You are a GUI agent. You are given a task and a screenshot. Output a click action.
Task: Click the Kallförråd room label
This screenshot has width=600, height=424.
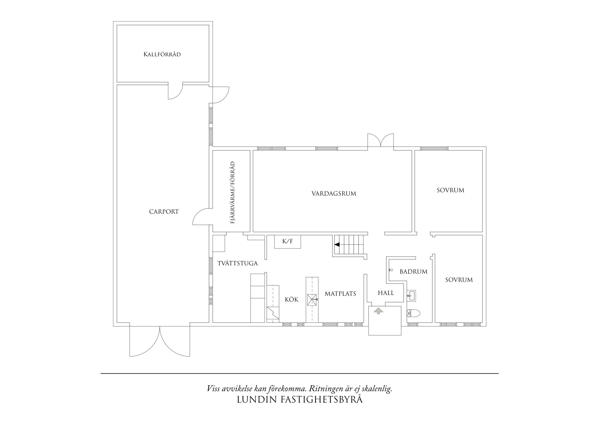[x=162, y=54]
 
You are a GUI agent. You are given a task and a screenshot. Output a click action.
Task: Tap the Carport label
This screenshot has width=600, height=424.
[x=164, y=212]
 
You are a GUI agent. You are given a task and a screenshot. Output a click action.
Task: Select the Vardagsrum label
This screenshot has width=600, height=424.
[x=334, y=194]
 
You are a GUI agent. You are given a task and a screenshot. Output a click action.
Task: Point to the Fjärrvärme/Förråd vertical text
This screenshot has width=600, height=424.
[x=233, y=193]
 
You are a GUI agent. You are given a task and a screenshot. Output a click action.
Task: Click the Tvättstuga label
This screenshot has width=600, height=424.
[x=238, y=264]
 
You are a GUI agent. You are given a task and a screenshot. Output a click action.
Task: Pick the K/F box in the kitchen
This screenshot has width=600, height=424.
[x=288, y=241]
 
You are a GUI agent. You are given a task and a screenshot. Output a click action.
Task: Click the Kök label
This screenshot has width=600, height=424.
[x=292, y=300]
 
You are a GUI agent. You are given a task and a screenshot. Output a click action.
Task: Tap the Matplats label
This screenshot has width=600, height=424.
[x=340, y=294]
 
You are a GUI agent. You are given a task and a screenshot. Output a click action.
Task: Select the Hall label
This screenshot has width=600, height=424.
[x=386, y=293]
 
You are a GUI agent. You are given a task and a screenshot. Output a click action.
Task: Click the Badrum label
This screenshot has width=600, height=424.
[x=414, y=272]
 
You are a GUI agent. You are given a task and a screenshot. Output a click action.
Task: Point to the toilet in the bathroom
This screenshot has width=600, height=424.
[x=413, y=313]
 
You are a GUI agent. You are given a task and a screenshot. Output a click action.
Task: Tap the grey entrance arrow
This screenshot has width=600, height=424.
[x=378, y=311]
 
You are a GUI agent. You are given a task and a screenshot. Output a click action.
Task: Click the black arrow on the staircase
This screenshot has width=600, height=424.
[x=337, y=245]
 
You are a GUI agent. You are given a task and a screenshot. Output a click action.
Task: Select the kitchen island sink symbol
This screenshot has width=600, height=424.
[x=312, y=300]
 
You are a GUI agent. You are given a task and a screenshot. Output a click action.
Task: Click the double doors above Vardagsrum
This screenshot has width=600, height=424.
[x=381, y=141]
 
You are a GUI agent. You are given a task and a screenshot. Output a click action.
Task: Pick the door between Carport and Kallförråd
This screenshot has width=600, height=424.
[x=175, y=91]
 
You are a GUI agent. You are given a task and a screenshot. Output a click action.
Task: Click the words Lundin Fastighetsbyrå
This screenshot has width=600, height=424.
[x=300, y=400]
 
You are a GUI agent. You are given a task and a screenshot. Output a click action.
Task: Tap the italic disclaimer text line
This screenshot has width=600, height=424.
[x=300, y=389]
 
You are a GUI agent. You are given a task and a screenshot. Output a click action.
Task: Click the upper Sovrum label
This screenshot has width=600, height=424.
[x=451, y=190]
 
